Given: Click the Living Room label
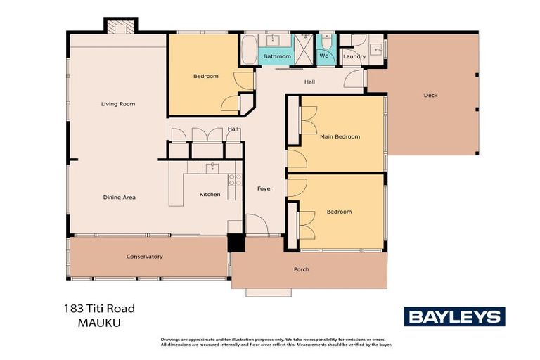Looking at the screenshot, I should pyautogui.click(x=117, y=104).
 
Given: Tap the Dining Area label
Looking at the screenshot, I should pyautogui.click(x=119, y=198).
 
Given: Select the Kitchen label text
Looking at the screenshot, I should pyautogui.click(x=210, y=195).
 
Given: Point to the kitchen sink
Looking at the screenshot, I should pyautogui.click(x=212, y=167).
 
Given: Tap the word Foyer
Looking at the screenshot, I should pyautogui.click(x=264, y=188).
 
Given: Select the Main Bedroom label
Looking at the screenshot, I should pyautogui.click(x=340, y=137).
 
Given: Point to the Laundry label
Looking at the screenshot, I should pyautogui.click(x=354, y=57).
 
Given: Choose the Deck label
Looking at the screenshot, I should pyautogui.click(x=430, y=95).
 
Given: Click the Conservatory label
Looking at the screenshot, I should pyautogui.click(x=144, y=257).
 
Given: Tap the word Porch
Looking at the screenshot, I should pyautogui.click(x=301, y=269).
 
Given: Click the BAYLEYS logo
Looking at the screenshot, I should pyautogui.click(x=454, y=317).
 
